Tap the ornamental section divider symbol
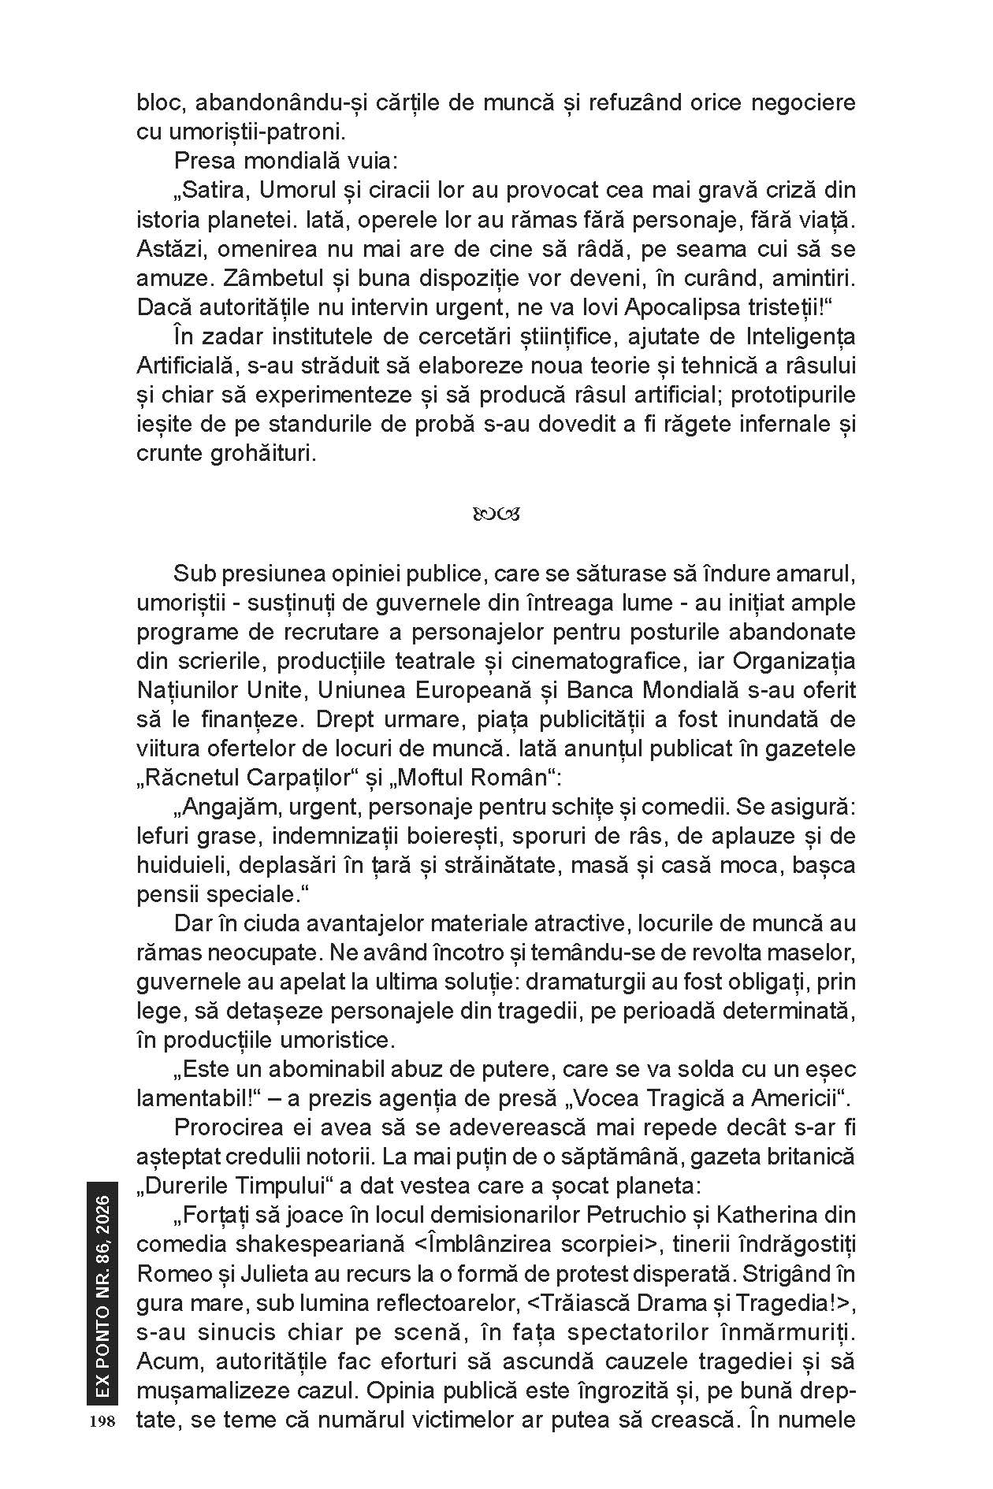(x=496, y=516)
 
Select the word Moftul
(x=426, y=777)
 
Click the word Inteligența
(x=800, y=336)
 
